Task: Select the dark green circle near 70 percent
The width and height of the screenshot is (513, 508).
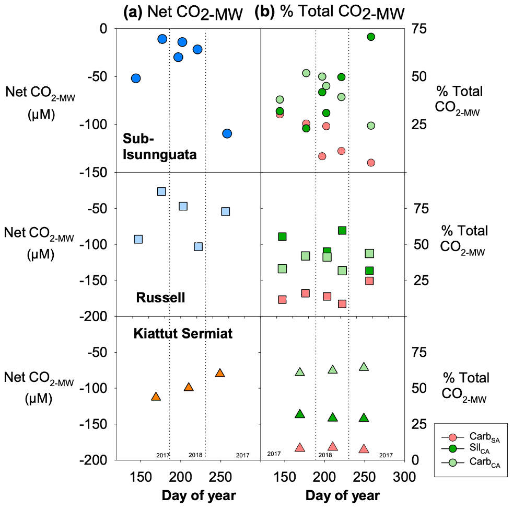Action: [x=371, y=37]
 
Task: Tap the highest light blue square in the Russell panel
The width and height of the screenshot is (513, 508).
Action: [x=161, y=191]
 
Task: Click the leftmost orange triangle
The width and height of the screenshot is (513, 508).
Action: [x=155, y=397]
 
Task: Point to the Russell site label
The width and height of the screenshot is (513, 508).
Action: [x=161, y=298]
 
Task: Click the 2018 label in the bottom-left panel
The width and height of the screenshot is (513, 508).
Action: [x=195, y=455]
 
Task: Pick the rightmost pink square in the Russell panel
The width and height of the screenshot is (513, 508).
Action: [x=369, y=281]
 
